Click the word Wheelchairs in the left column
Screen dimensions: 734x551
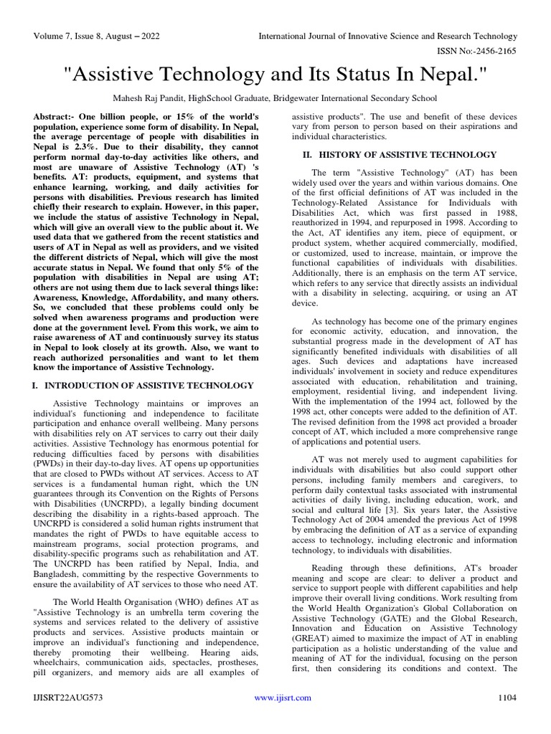60,653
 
